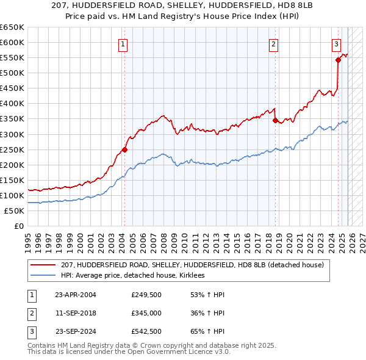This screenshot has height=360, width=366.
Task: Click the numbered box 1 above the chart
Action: [x=123, y=44]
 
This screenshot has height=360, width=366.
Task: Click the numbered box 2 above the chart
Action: [x=274, y=44]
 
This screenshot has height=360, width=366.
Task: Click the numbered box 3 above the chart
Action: [x=336, y=44]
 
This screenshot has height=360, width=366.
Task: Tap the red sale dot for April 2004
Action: [x=124, y=149]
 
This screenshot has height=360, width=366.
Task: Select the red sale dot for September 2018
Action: [x=275, y=120]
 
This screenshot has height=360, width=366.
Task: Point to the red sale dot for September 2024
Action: [x=338, y=60]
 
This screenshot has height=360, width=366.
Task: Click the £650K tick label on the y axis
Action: [x=12, y=27]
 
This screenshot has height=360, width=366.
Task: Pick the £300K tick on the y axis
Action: [x=12, y=134]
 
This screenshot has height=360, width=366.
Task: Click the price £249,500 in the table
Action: [x=146, y=295]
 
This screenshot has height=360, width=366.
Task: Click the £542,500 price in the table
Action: [x=146, y=332]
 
